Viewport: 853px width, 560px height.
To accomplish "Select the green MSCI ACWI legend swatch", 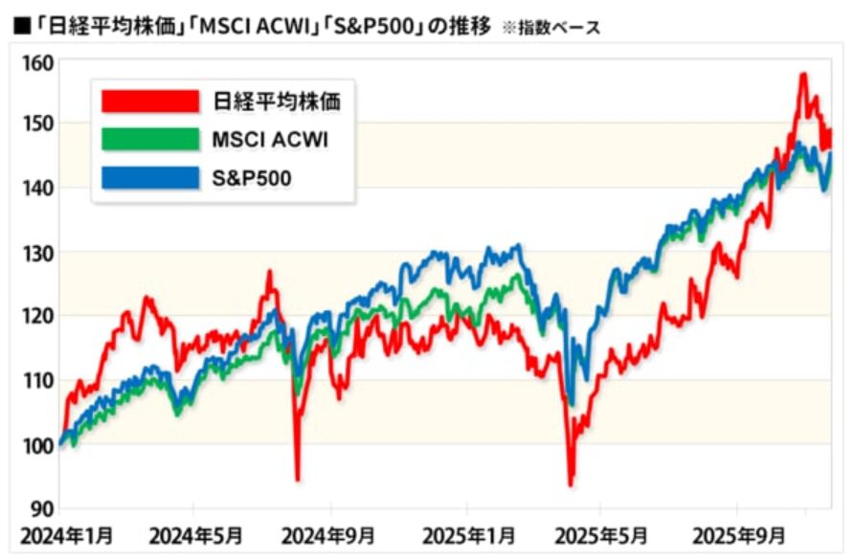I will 150,140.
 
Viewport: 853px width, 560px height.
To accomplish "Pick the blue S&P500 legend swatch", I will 150,177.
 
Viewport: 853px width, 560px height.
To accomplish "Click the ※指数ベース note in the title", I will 548,27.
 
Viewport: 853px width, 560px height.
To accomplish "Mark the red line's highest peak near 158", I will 802,75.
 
